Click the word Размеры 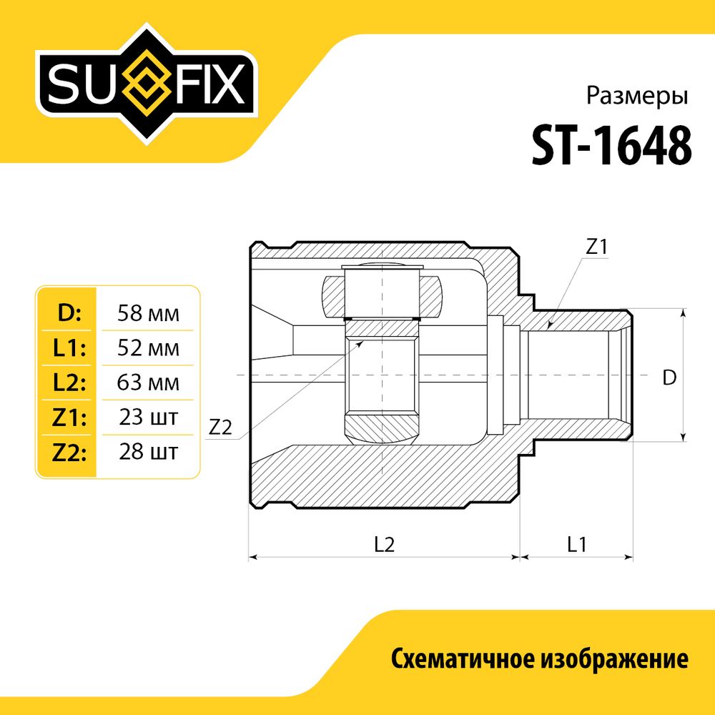coord(636,97)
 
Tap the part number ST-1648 coord(612,146)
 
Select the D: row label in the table coord(69,313)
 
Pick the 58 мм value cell coord(148,314)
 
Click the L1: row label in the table coord(69,348)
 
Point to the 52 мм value coord(148,348)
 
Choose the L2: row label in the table coord(69,383)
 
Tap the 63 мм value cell coord(148,383)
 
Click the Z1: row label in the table coord(69,418)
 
